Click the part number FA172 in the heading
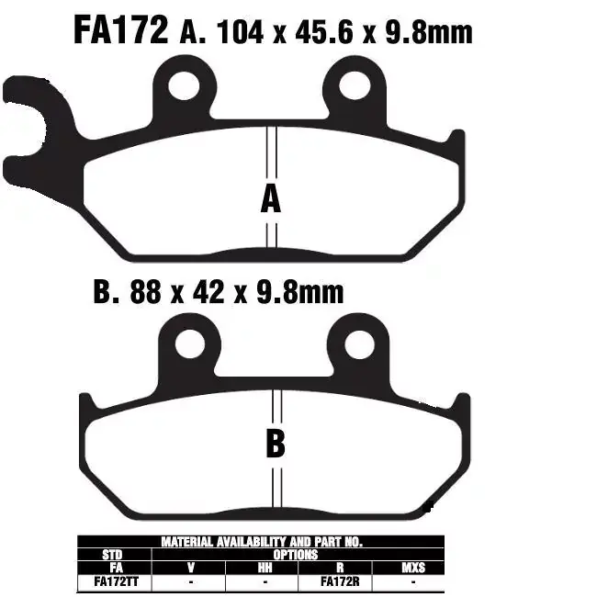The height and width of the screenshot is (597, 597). (x=120, y=30)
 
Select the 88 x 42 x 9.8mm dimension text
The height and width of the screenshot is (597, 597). (x=219, y=293)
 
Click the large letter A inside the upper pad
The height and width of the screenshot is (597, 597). (x=270, y=198)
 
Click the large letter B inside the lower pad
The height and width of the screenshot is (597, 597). (x=275, y=445)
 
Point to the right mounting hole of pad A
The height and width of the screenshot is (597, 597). (x=355, y=85)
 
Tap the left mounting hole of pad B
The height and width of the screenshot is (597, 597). (x=190, y=344)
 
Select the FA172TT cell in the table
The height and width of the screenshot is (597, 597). (x=114, y=580)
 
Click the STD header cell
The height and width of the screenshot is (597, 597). (x=114, y=555)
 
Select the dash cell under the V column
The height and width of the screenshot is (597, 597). (x=188, y=580)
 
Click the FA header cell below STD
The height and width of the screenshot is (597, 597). (x=114, y=568)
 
